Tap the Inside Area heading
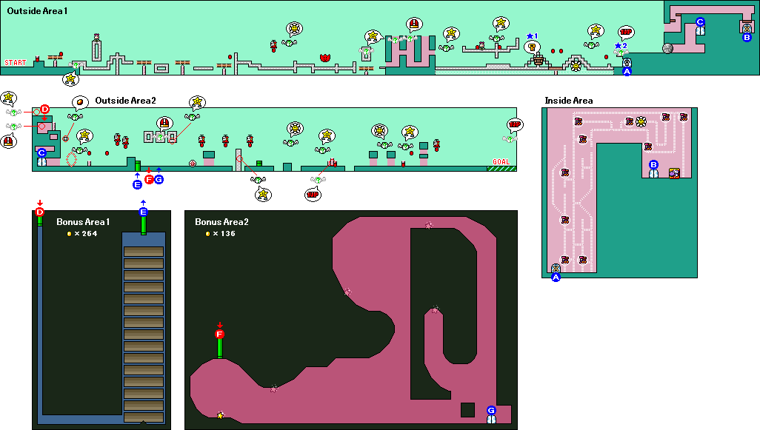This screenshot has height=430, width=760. coord(568,101)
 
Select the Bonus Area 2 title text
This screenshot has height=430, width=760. coord(221,222)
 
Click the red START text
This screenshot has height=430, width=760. coord(15,63)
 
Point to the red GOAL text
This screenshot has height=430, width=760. coord(501,161)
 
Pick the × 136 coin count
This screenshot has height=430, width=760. coord(220,234)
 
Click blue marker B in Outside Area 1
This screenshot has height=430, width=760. coord(747,37)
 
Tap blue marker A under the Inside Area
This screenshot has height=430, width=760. coord(556,278)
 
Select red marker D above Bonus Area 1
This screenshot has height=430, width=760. coord(40,212)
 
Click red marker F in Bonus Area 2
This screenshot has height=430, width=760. coord(219,335)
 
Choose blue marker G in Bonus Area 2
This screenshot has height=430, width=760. coord(491,410)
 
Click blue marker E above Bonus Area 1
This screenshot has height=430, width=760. coord(144,212)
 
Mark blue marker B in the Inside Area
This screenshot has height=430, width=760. coord(653,164)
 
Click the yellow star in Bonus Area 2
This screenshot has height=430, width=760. coord(220,415)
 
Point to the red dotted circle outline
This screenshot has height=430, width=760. coord(72,159)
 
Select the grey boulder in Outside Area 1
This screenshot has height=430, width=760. coord(667,49)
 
